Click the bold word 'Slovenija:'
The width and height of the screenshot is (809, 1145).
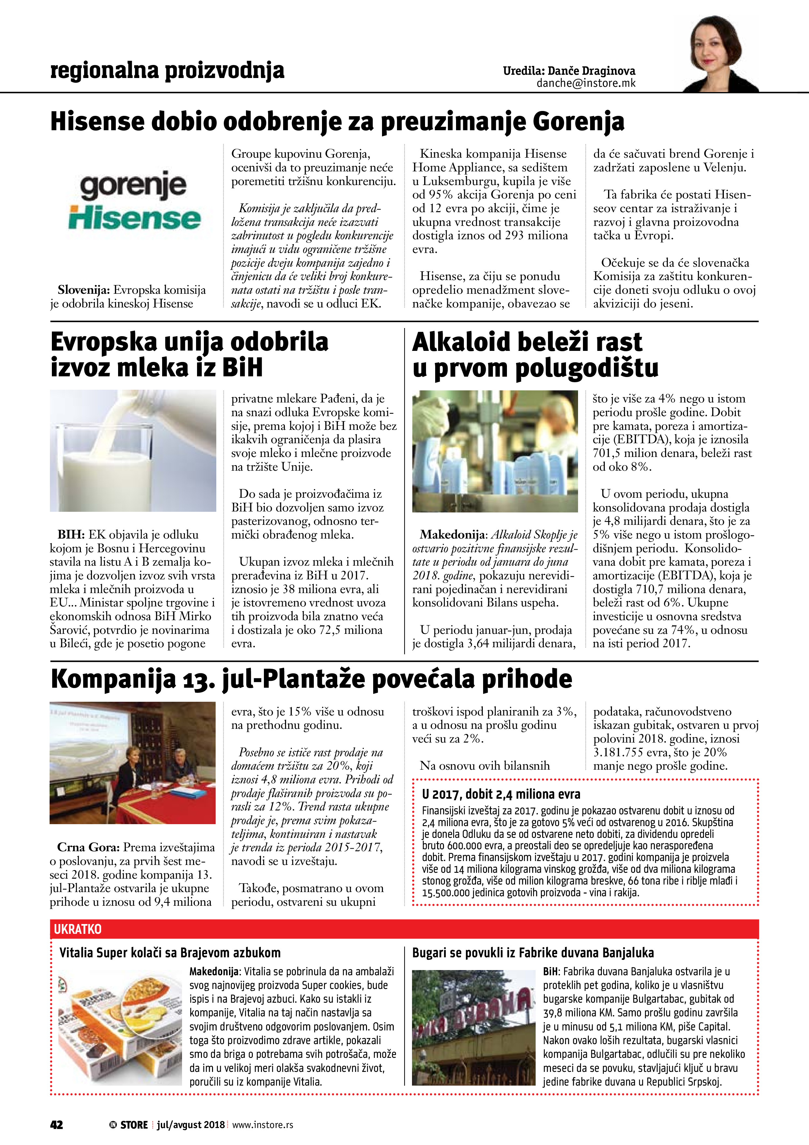[x=83, y=290]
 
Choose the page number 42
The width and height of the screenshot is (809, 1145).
[x=56, y=1124]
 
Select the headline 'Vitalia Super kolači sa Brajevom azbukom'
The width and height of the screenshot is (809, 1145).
[x=170, y=953]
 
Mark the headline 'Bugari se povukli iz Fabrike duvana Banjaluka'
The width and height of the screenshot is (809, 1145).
[x=532, y=953]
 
